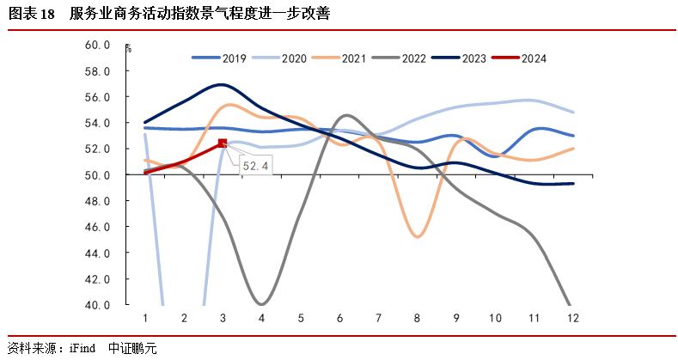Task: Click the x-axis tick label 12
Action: click(x=572, y=319)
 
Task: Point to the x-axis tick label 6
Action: click(x=340, y=319)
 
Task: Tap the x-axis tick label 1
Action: click(x=145, y=319)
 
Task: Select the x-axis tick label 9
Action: click(x=456, y=319)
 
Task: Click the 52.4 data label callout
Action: click(x=254, y=165)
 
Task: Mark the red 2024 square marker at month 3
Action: click(x=223, y=143)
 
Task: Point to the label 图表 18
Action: click(x=32, y=15)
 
